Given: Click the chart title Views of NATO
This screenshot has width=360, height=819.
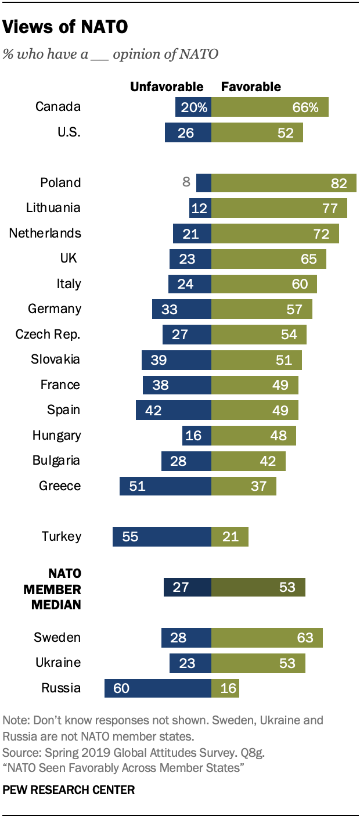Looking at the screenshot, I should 66,27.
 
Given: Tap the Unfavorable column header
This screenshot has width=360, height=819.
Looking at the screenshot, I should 167,87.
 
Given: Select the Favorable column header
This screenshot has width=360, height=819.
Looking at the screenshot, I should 251,87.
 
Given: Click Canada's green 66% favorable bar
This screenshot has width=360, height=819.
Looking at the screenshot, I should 269,107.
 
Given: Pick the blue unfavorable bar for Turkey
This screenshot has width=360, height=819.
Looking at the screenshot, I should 162,537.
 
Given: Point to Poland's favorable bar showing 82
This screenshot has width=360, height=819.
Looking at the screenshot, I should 283,183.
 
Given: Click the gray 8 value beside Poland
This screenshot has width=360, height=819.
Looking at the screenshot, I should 186,182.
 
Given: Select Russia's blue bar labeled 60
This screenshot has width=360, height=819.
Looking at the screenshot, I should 158,688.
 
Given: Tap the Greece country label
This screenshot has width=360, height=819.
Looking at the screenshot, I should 60,486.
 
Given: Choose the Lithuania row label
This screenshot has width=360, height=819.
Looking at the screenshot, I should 53,208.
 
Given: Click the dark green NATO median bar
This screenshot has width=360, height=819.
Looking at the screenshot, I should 258,587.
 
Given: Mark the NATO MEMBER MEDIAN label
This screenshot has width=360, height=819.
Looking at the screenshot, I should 52,589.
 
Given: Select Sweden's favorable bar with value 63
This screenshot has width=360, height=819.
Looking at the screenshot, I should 267,638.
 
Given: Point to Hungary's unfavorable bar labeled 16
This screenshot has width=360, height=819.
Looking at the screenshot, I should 196,436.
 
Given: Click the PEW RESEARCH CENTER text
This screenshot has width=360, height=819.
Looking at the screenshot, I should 69,790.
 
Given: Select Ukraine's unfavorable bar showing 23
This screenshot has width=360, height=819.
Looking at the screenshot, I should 190,663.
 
